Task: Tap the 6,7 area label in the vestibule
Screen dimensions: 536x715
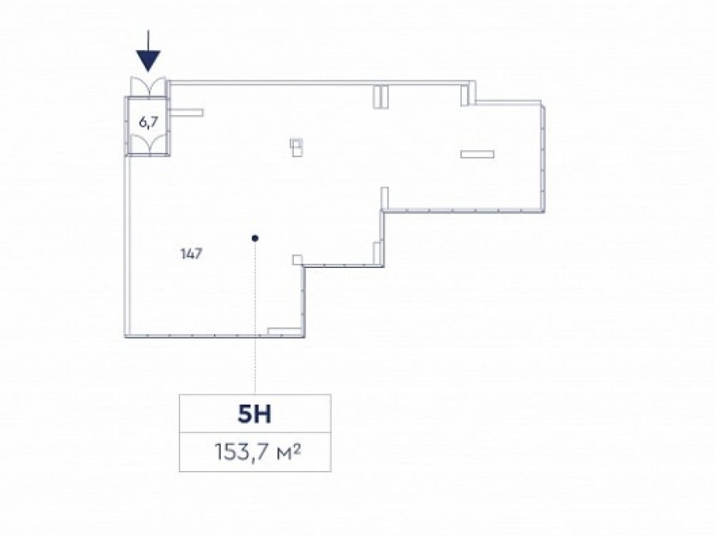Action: click(148, 121)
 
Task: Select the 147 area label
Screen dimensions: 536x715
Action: click(191, 252)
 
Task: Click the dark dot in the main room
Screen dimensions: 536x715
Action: click(255, 238)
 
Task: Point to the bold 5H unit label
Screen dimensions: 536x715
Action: click(255, 414)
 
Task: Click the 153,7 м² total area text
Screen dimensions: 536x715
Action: click(255, 452)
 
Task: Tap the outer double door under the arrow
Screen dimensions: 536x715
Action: click(148, 87)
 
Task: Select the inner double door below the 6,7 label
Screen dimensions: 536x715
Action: click(148, 145)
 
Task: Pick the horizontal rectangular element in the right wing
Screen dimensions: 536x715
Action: click(478, 154)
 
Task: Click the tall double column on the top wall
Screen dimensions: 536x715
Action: click(381, 96)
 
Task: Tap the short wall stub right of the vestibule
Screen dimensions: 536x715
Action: click(187, 111)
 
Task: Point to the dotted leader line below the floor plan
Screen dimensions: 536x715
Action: click(255, 357)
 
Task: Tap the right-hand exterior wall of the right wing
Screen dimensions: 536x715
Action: click(545, 157)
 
